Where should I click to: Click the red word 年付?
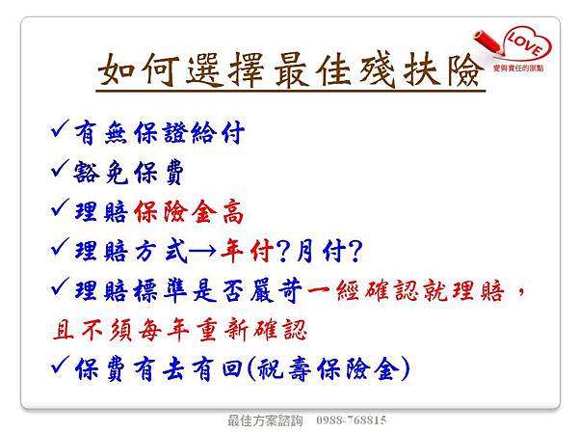click(248, 252)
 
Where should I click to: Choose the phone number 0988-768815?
click(347, 421)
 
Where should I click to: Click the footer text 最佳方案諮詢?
click(264, 421)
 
